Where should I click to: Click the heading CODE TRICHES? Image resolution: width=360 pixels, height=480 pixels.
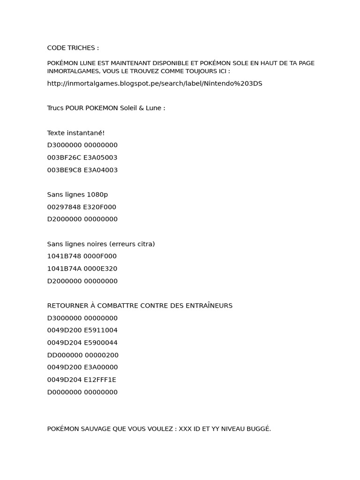point(73,48)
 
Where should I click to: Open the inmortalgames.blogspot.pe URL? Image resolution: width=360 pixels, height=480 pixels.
point(155,83)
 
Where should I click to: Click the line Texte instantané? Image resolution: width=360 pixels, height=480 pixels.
point(76,133)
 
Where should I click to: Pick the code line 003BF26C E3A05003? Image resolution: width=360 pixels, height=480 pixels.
point(82,157)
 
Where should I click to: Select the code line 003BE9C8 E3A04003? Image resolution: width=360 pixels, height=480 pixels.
point(82,170)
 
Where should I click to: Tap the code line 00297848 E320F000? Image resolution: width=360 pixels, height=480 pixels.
point(82,207)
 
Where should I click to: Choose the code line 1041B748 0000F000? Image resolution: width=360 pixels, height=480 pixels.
point(82,256)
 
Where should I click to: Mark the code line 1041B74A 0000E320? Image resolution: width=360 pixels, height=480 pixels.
point(82,269)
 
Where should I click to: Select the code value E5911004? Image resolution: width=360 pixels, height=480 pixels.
point(100,330)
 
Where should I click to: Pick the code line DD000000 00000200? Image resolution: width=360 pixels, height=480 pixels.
point(82,355)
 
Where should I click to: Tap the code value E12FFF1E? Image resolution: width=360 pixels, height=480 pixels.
point(100,380)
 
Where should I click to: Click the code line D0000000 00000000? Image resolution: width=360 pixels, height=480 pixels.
point(82,392)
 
